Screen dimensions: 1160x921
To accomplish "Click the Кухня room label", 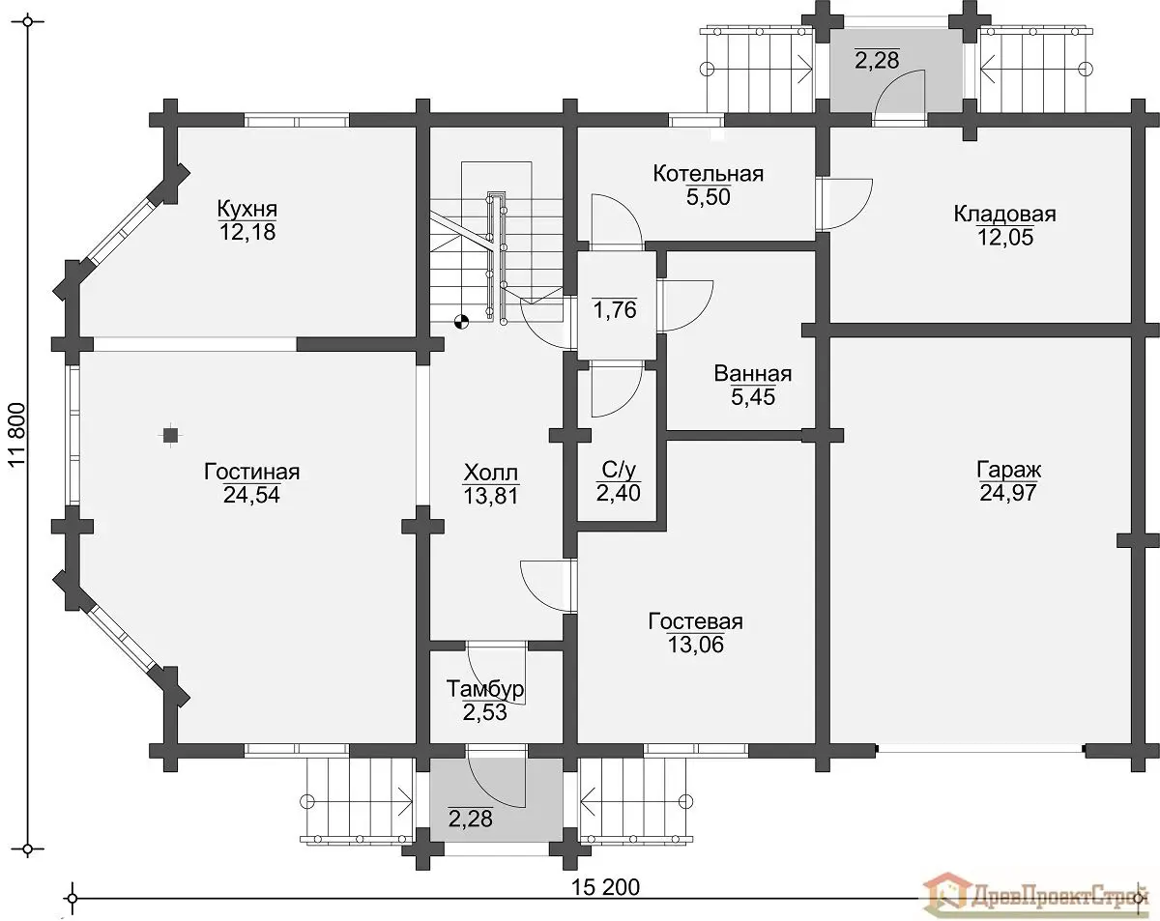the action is pyautogui.click(x=247, y=208).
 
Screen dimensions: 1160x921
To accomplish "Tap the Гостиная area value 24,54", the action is pyautogui.click(x=251, y=495).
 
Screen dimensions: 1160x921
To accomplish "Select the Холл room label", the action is pyautogui.click(x=491, y=474).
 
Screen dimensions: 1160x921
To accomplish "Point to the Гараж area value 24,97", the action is pyautogui.click(x=1008, y=493).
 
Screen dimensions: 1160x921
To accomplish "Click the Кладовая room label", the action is pyautogui.click(x=1004, y=214).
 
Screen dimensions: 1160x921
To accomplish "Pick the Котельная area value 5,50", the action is pyautogui.click(x=709, y=197).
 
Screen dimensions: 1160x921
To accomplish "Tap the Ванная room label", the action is pyautogui.click(x=753, y=373).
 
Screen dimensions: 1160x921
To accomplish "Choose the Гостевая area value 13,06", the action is pyautogui.click(x=695, y=644).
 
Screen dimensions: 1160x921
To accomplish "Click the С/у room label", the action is pyautogui.click(x=619, y=471).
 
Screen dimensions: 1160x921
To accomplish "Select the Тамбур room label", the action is pyautogui.click(x=485, y=689).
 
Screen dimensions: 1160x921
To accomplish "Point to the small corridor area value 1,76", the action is pyautogui.click(x=615, y=310).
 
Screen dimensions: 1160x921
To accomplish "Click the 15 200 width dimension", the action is pyautogui.click(x=605, y=887).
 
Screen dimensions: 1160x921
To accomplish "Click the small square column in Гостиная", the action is pyautogui.click(x=171, y=434).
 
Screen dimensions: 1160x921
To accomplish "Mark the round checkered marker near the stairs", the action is pyautogui.click(x=461, y=322).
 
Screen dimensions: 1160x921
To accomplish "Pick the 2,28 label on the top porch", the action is pyautogui.click(x=877, y=60).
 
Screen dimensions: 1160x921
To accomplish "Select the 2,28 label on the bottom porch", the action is pyautogui.click(x=470, y=819).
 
